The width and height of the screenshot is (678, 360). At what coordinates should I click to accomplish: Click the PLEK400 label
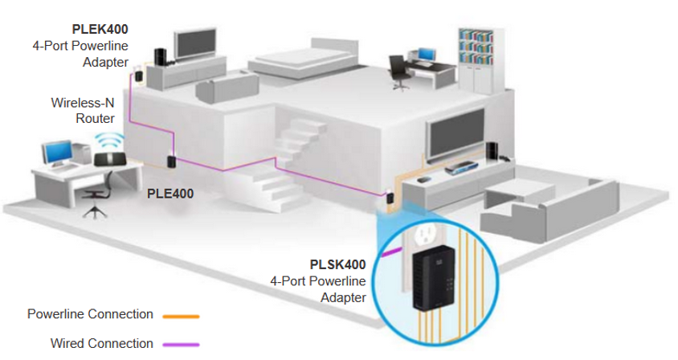tap(100, 30)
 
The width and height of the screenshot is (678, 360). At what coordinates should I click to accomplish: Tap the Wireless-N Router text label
tap(83, 110)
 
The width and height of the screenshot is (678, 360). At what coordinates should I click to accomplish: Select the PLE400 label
tap(170, 194)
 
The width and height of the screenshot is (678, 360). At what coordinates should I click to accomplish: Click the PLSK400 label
tap(337, 264)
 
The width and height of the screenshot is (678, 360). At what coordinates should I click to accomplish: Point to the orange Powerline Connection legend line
tap(182, 317)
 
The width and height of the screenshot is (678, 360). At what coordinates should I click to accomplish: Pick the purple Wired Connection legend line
tap(182, 345)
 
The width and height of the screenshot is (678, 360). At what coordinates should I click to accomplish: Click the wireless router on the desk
tap(110, 159)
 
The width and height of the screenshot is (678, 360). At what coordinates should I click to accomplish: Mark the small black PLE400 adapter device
tap(171, 162)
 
